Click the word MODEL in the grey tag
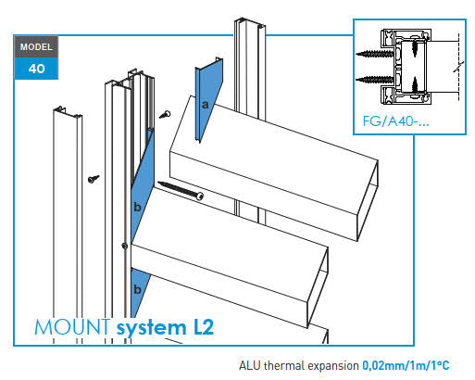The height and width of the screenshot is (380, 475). tap(35, 45)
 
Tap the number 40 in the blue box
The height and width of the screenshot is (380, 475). tap(35, 68)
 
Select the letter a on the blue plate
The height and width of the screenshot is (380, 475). tap(205, 106)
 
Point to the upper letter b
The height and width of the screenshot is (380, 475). tap(137, 207)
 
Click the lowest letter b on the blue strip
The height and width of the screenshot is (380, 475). tap(137, 290)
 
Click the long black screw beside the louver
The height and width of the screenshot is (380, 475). tap(181, 190)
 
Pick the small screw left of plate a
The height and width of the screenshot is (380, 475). tap(166, 113)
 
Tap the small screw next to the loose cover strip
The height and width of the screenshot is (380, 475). tap(93, 177)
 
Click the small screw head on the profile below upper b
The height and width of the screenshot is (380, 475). tap(124, 246)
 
